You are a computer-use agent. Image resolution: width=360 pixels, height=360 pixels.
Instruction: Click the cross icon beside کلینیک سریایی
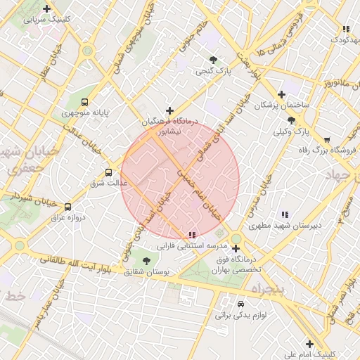click(x=46, y=9)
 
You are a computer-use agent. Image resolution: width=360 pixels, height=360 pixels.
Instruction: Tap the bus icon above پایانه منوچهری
click(x=85, y=102)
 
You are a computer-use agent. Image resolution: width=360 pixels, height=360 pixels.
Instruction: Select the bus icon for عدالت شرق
click(x=108, y=172)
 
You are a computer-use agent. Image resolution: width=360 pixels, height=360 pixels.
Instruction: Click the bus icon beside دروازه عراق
click(x=68, y=207)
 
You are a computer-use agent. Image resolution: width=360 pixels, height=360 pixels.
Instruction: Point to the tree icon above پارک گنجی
click(x=214, y=60)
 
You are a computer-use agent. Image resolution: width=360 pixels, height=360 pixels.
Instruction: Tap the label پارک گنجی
click(x=213, y=70)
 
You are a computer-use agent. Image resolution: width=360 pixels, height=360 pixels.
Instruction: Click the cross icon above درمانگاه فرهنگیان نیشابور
click(x=169, y=110)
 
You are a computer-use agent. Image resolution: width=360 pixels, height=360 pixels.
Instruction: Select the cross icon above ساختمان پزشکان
click(x=282, y=94)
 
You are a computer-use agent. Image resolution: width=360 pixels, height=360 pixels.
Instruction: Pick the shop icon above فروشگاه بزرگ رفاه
click(x=326, y=139)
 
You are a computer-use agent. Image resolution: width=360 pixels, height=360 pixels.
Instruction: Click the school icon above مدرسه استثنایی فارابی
click(x=191, y=235)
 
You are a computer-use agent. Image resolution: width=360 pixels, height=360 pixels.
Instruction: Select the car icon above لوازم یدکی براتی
click(x=241, y=304)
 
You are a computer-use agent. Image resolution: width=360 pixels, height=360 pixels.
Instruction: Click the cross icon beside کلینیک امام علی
click(x=309, y=343)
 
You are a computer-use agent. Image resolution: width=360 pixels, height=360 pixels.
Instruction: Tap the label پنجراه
click(x=266, y=288)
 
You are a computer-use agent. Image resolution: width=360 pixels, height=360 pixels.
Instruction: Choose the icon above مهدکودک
click(x=345, y=29)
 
